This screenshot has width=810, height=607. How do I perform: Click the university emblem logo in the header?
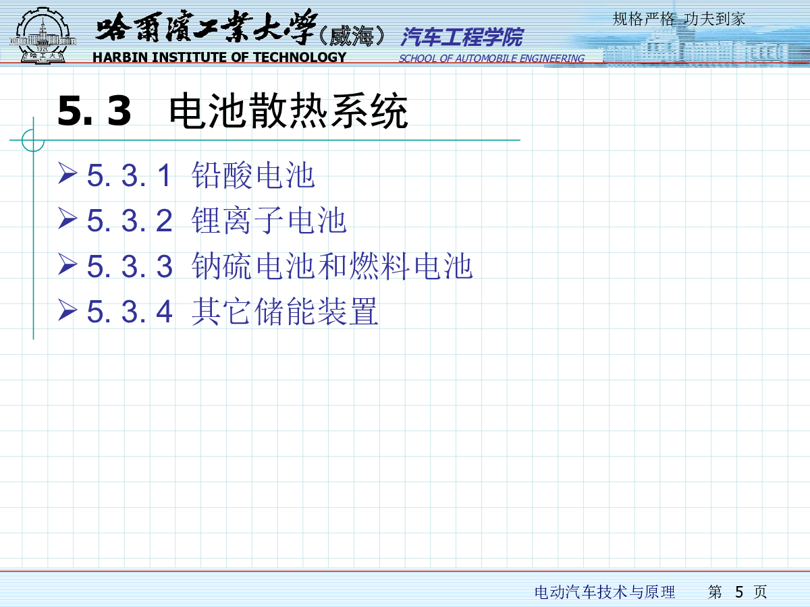[43, 35]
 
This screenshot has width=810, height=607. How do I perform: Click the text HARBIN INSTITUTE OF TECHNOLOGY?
[219, 57]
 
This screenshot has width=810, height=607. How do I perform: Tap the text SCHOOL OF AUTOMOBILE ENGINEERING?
[491, 59]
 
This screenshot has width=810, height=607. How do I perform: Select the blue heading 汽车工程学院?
[462, 37]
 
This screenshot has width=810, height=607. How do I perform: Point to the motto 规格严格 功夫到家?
[679, 19]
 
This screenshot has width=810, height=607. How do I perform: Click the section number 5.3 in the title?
[94, 111]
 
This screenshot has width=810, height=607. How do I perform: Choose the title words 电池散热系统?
[289, 111]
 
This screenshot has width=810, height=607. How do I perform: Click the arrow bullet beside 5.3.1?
[67, 173]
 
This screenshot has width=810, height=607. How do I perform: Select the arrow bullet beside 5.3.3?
[67, 264]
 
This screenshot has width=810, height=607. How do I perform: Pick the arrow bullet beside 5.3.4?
[67, 310]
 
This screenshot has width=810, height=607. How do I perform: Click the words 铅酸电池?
[253, 175]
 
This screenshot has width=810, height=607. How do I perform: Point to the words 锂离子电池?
[269, 221]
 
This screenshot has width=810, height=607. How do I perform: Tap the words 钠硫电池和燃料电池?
[332, 266]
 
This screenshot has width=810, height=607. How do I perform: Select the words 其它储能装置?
[285, 312]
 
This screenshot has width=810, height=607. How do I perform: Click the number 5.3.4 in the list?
[130, 312]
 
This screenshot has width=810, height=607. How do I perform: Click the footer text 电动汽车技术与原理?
[605, 592]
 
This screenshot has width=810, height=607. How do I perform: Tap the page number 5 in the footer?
[738, 592]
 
